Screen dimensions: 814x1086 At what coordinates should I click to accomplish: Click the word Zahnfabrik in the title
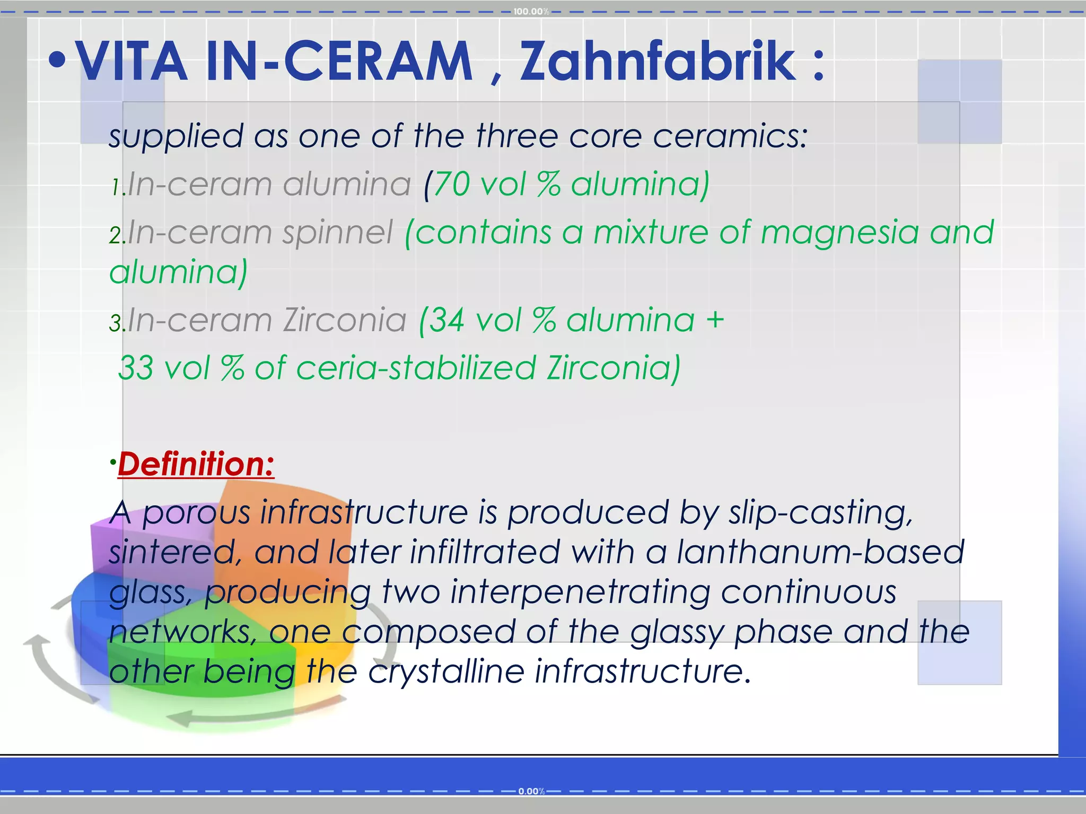[x=658, y=62]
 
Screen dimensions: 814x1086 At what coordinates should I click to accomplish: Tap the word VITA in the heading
[x=133, y=62]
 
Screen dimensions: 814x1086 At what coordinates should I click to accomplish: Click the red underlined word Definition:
[x=196, y=464]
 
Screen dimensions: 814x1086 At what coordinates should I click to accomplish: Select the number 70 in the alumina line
[x=451, y=184]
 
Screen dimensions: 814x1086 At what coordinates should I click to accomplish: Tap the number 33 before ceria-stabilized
[x=136, y=368]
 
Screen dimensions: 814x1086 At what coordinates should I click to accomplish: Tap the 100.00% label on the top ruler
[x=531, y=12]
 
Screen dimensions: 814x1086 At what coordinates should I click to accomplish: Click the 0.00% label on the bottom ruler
[x=531, y=791]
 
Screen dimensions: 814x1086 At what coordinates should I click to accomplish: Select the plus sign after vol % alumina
[x=715, y=320]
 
